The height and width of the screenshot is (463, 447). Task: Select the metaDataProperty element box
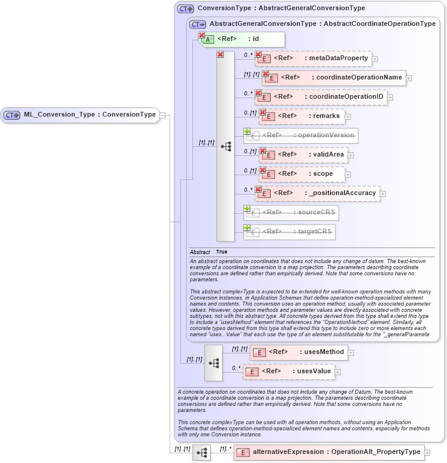click(x=314, y=58)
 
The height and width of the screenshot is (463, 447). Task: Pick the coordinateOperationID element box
click(x=321, y=96)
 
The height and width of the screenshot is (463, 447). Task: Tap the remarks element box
click(x=302, y=116)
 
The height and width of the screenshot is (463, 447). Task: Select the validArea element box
click(x=303, y=155)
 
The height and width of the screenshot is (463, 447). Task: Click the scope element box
click(x=303, y=174)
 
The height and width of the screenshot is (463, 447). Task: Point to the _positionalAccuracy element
click(x=317, y=193)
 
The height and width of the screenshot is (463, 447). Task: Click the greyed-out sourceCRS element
click(x=291, y=213)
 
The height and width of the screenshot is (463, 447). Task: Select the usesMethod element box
click(x=299, y=352)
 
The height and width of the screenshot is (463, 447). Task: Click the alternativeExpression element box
click(x=329, y=452)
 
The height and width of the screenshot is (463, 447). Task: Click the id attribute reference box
click(x=241, y=39)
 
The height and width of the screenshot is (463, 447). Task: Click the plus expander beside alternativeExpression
click(x=427, y=452)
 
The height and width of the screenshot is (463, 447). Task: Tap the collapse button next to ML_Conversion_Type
click(x=162, y=115)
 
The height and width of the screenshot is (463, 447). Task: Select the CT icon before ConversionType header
click(x=185, y=8)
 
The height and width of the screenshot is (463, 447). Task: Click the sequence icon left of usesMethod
click(x=214, y=362)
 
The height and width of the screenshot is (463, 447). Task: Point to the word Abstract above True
click(x=200, y=252)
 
